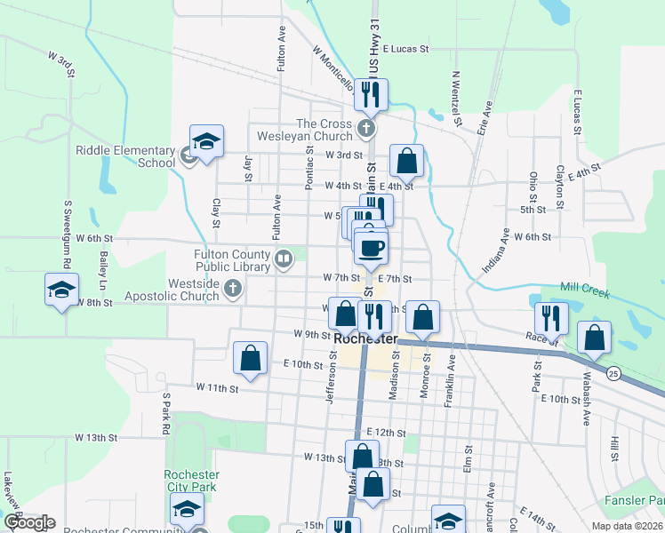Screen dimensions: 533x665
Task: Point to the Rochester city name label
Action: pos(365,338)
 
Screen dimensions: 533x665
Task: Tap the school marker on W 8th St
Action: pos(62,290)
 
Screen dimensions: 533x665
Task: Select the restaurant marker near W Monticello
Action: pos(371,93)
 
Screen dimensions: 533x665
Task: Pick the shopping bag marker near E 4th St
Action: pos(406,161)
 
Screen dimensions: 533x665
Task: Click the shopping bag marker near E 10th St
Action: pos(251,359)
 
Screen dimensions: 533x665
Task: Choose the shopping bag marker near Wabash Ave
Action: pos(594,338)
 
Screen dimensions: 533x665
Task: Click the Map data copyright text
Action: pos(626,526)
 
